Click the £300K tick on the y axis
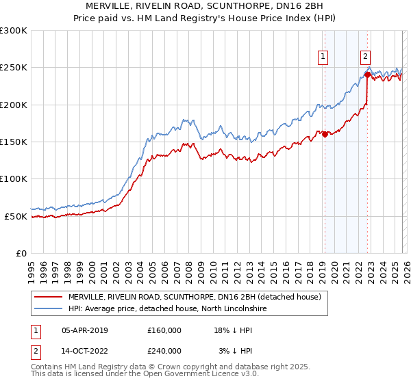point(14,31)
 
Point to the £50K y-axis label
point(16,216)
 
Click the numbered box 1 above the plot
point(323,57)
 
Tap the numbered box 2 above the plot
point(366,57)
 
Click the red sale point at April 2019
point(325,135)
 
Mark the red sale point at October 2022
point(368,75)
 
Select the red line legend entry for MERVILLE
point(199,297)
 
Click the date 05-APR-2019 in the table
point(85,330)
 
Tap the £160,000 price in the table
point(164,330)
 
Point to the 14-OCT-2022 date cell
point(85,351)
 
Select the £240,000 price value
point(164,351)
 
